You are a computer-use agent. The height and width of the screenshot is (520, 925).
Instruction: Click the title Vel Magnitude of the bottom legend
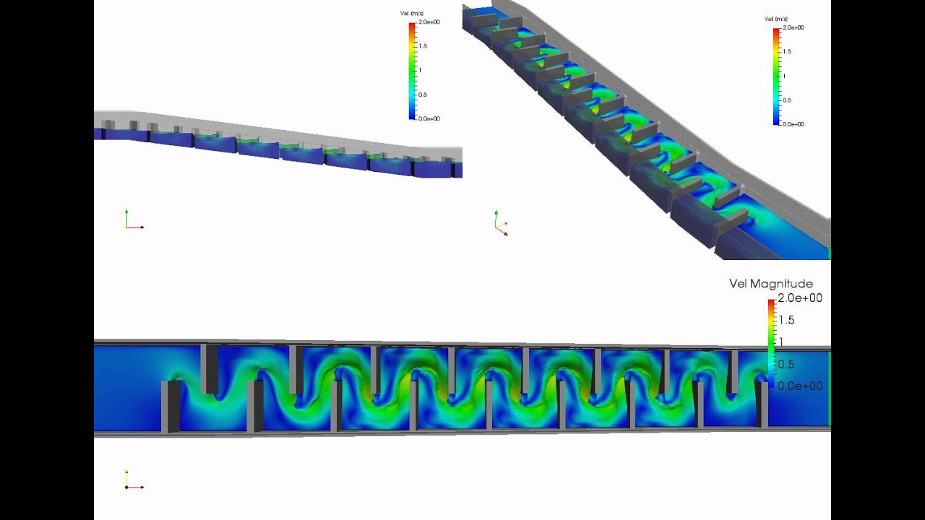[771, 284]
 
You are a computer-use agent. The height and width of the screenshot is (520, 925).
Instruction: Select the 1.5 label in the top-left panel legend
[422, 45]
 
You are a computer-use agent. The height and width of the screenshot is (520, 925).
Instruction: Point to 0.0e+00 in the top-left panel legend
[429, 118]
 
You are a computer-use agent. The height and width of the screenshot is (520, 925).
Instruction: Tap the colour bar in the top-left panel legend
[412, 70]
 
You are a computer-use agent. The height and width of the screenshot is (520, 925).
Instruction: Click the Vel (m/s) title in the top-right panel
[775, 19]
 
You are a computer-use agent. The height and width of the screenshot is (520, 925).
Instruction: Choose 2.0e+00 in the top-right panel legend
[793, 27]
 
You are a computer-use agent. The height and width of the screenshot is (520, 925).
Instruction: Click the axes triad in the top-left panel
[132, 221]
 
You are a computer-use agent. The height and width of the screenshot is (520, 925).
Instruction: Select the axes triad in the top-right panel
[500, 224]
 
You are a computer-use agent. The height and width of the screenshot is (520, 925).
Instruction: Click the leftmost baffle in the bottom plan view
[171, 407]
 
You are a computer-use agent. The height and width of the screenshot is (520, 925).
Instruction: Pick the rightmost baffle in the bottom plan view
[762, 403]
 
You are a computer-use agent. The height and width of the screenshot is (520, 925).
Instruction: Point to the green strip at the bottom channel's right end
[829, 389]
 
